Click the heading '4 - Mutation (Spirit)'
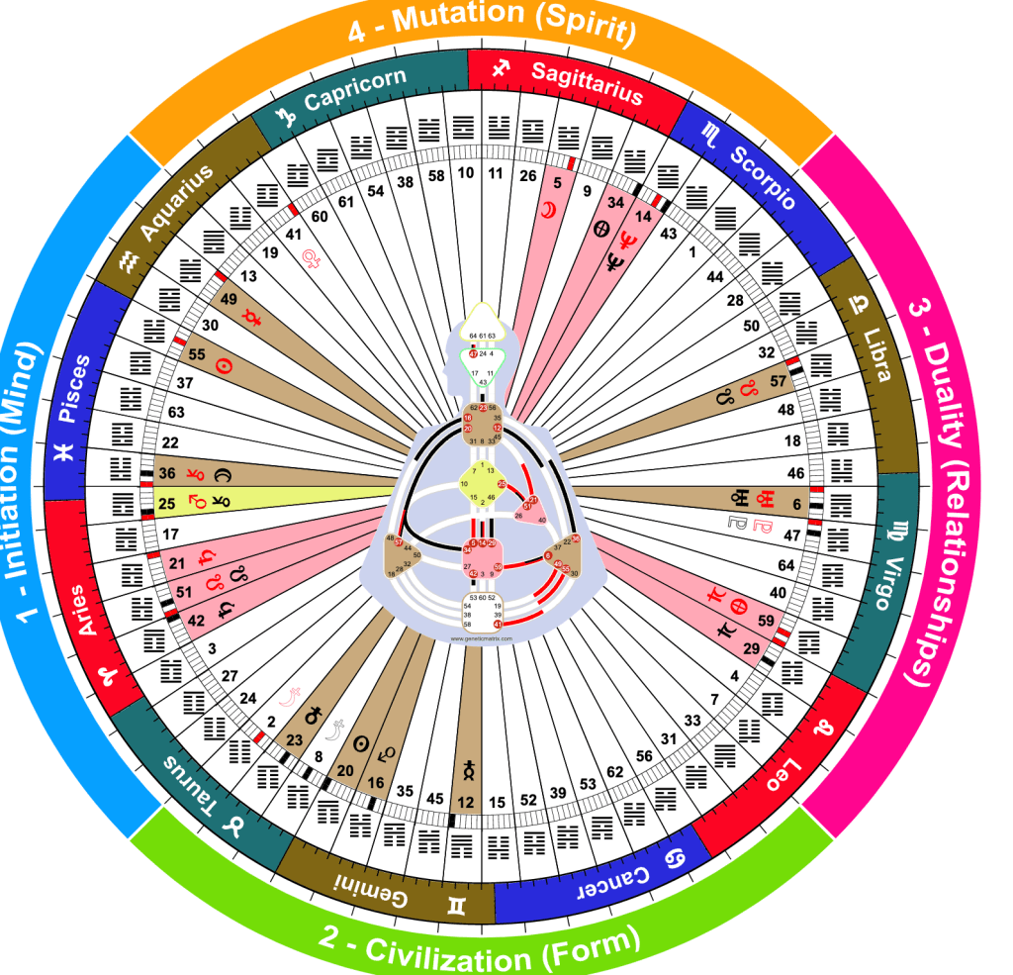pyautogui.click(x=492, y=24)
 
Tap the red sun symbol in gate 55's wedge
pyautogui.click(x=225, y=366)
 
